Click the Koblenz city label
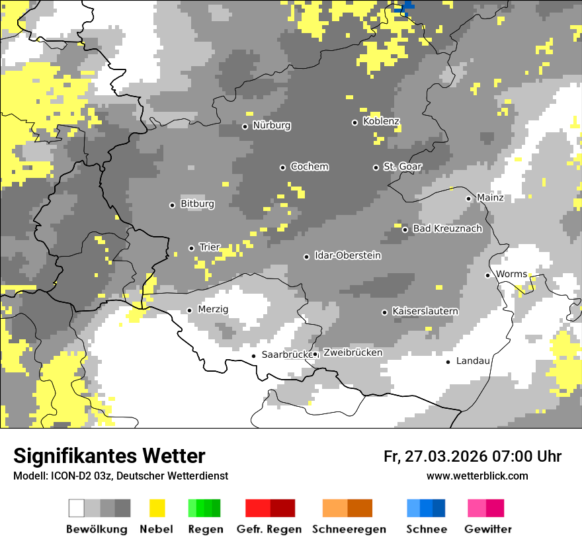pos(381,121)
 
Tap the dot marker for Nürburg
pos(245,126)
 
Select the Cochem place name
pos(309,167)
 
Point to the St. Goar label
pos(402,167)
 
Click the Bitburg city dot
pos(172,205)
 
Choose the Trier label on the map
pos(210,247)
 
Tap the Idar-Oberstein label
pos(347,255)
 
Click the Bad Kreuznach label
pos(447,229)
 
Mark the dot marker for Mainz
pos(468,198)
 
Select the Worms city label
pos(511,274)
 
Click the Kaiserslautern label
pos(425,311)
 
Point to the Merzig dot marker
pos(189,310)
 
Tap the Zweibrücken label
pos(353,353)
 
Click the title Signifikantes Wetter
pos(109,456)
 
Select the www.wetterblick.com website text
pos(477,476)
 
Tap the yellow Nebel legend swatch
pos(157,508)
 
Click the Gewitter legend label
pos(487,529)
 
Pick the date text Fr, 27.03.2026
pos(435,456)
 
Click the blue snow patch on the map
pos(404,7)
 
